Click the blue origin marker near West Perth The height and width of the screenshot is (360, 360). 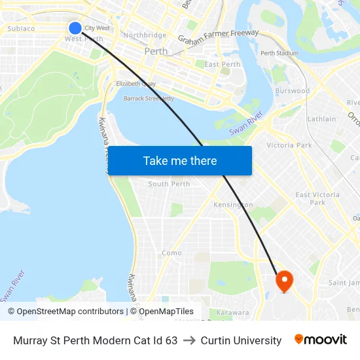coord(75,27)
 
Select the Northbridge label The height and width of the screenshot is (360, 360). coord(144,35)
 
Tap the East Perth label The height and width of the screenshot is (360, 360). coord(222,65)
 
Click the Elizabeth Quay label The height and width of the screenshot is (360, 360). coord(135,84)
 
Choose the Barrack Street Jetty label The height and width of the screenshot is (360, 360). coord(149,99)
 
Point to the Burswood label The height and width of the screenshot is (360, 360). coord(293,91)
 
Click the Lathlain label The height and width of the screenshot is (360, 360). coord(321,119)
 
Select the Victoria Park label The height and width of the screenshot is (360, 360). coord(289,145)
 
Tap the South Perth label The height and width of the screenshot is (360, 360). coord(169,184)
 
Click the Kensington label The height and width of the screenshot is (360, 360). coord(233,205)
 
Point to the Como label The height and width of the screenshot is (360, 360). coord(171,253)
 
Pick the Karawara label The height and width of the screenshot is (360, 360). coord(232,313)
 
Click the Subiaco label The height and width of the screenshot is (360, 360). coord(21,29)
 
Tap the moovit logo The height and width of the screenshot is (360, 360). coord(321,340)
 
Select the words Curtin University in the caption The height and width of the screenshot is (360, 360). coord(241,340)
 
